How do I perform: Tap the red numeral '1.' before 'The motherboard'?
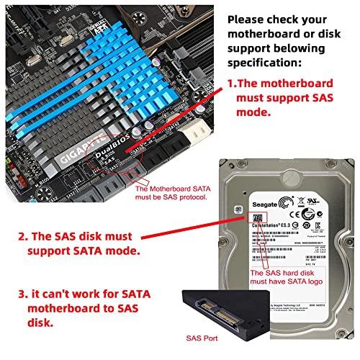[233, 84]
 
